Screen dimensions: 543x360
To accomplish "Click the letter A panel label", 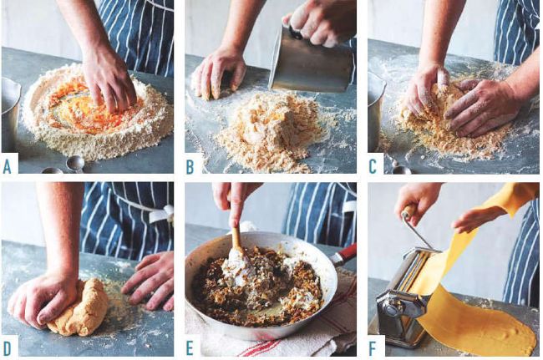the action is [7, 167].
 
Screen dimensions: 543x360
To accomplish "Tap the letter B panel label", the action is [190, 167].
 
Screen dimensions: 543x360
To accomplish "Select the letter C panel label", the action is [373, 167].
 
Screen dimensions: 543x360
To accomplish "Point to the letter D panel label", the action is [7, 349].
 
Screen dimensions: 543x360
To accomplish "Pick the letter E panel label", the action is [190, 349].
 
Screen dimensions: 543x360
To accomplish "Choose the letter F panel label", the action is [373, 349].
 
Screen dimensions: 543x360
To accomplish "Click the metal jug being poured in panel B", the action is [309, 61].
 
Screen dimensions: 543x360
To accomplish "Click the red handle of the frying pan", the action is [343, 256].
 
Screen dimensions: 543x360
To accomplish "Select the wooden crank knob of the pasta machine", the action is [409, 210].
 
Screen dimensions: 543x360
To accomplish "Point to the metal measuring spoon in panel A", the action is [75, 163].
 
